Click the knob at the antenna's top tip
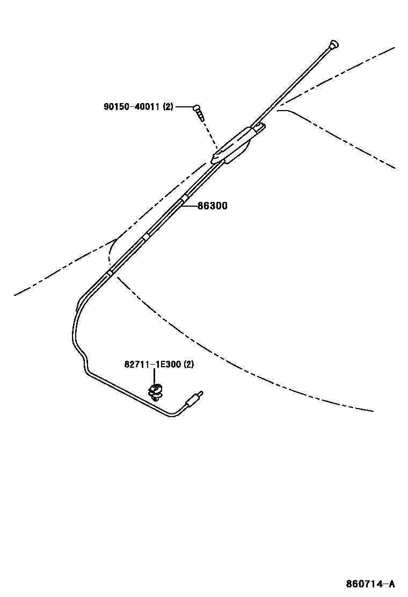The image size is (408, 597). click(334, 43)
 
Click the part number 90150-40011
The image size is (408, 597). click(132, 107)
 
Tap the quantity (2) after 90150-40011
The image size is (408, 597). click(168, 107)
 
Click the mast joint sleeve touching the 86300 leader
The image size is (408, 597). click(184, 200)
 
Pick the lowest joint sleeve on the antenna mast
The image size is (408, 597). click(110, 273)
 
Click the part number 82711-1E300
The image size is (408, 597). click(152, 365)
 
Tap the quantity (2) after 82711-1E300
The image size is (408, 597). click(188, 365)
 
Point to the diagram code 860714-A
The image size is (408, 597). click(370, 584)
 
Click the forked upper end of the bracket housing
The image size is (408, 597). click(259, 127)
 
